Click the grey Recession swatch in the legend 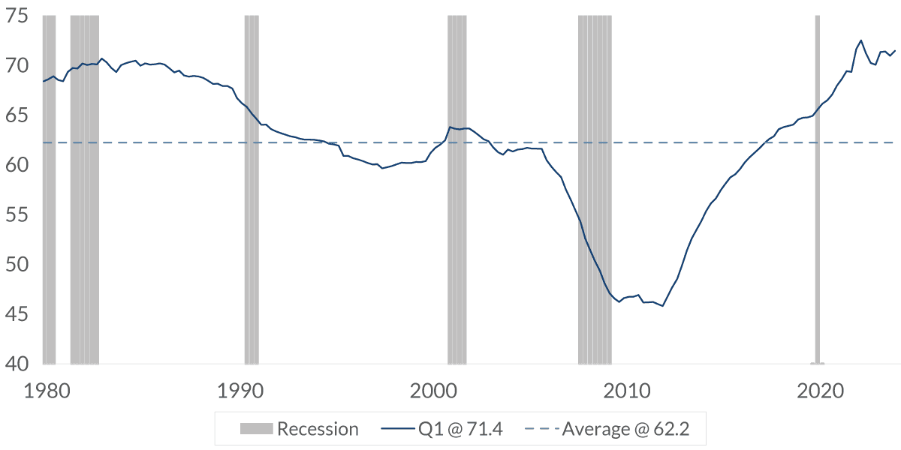256,429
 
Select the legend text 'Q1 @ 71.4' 460,429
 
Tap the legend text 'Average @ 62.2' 625,429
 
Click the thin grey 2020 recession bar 817,187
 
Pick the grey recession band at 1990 252,187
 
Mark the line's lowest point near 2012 662,305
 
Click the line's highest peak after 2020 860,40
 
